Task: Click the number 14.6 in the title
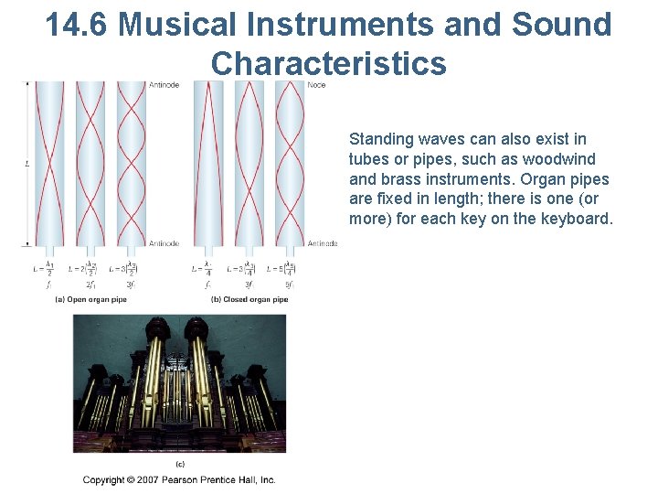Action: click(77, 25)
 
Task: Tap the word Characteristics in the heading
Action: click(328, 63)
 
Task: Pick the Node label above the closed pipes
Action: click(316, 85)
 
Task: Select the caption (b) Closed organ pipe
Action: click(249, 299)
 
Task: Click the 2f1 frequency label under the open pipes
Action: click(89, 285)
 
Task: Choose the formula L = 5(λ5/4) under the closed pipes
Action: click(280, 269)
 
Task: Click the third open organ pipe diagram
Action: click(132, 165)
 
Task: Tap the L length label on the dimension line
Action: click(27, 165)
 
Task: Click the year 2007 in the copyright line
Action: click(161, 479)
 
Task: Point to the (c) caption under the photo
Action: click(179, 464)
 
